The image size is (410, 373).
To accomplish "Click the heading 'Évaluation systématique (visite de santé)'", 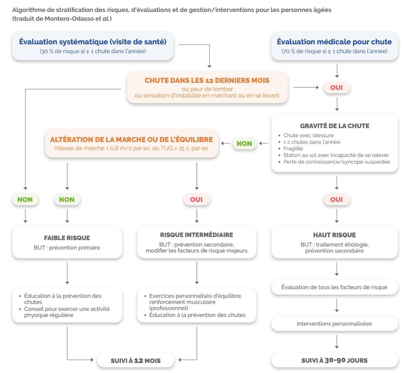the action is pyautogui.click(x=93, y=42).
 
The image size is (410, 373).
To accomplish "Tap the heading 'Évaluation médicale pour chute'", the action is pyautogui.click(x=334, y=42).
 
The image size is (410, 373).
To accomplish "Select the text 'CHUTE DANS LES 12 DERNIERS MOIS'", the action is pyautogui.click(x=207, y=80).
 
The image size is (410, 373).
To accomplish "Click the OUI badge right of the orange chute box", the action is pyautogui.click(x=336, y=88).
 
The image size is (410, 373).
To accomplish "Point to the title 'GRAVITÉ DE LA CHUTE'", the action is pyautogui.click(x=335, y=126).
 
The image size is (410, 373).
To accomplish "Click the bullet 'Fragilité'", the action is pyautogui.click(x=293, y=148).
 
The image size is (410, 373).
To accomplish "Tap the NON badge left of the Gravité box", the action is pyautogui.click(x=244, y=144).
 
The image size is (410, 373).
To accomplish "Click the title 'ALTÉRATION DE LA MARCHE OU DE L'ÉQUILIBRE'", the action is pyautogui.click(x=131, y=139).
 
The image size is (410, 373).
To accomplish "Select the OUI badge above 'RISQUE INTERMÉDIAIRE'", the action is pyautogui.click(x=196, y=200).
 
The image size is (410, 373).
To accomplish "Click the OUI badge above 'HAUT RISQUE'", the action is pyautogui.click(x=336, y=200).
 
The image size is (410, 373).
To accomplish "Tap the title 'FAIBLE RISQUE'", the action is pyautogui.click(x=67, y=238).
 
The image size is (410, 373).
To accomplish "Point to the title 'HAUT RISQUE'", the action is pyautogui.click(x=334, y=235).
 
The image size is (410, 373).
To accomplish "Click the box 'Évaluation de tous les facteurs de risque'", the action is pyautogui.click(x=334, y=287).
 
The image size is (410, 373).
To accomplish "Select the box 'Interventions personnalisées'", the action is pyautogui.click(x=334, y=324).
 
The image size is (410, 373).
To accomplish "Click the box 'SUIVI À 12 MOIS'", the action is pyautogui.click(x=136, y=361).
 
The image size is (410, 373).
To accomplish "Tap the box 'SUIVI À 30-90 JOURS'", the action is pyautogui.click(x=334, y=360).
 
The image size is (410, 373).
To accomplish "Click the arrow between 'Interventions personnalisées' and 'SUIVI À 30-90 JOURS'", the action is pyautogui.click(x=337, y=342).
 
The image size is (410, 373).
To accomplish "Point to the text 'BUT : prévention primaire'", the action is pyautogui.click(x=67, y=248).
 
